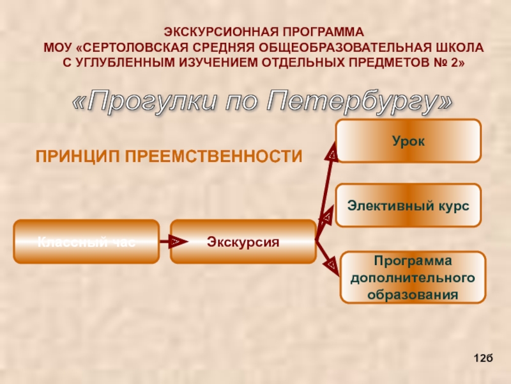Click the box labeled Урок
click(x=408, y=140)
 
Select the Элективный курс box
click(x=408, y=206)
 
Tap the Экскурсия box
click(x=243, y=241)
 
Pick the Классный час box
click(x=86, y=241)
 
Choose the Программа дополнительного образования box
click(x=413, y=278)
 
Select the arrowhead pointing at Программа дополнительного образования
click(x=332, y=262)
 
